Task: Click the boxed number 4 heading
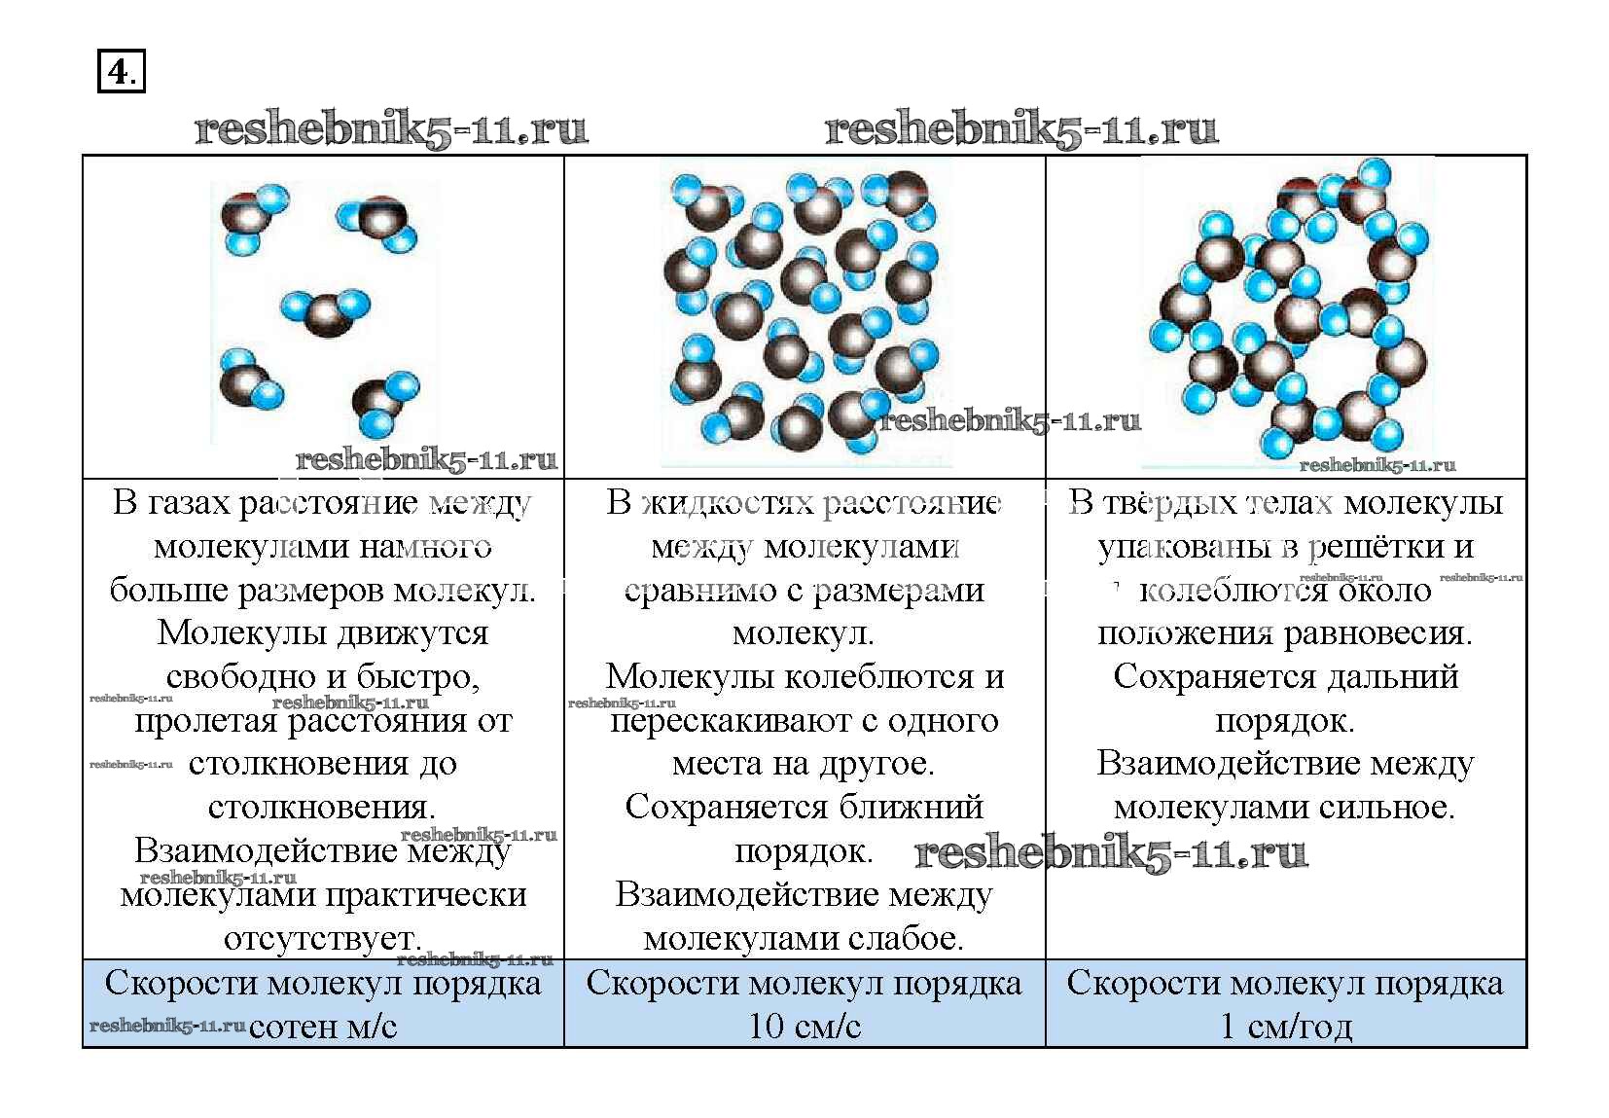(x=121, y=72)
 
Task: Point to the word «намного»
(x=425, y=547)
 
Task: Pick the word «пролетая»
(x=206, y=721)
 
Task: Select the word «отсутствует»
(x=322, y=938)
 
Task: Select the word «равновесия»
(x=1377, y=634)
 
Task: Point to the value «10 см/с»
(x=804, y=1027)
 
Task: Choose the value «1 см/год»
(x=1286, y=1027)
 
